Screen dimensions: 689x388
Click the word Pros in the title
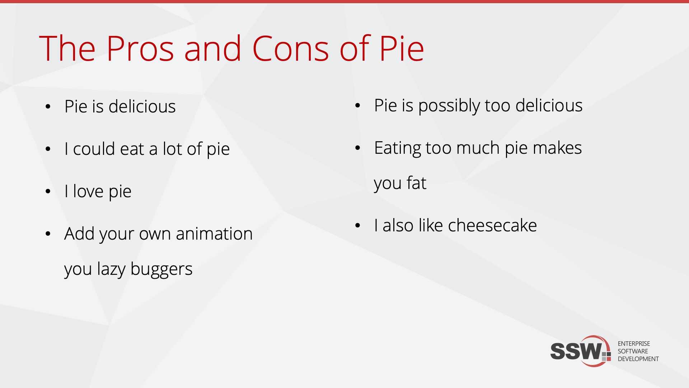[140, 48]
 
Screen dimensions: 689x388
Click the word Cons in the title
[291, 48]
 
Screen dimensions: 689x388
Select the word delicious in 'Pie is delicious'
[142, 106]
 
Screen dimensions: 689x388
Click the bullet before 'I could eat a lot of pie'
[48, 149]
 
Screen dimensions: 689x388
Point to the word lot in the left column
[172, 149]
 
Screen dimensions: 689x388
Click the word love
[88, 191]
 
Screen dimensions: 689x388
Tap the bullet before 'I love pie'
[48, 191]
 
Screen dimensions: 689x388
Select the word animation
[214, 234]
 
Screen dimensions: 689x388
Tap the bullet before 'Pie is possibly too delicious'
[357, 106]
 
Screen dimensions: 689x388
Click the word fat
[416, 183]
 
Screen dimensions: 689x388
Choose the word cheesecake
[492, 226]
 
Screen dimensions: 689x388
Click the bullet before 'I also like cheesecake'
[357, 226]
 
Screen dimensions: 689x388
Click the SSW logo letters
[576, 351]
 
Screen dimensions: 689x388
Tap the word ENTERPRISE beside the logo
[634, 344]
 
